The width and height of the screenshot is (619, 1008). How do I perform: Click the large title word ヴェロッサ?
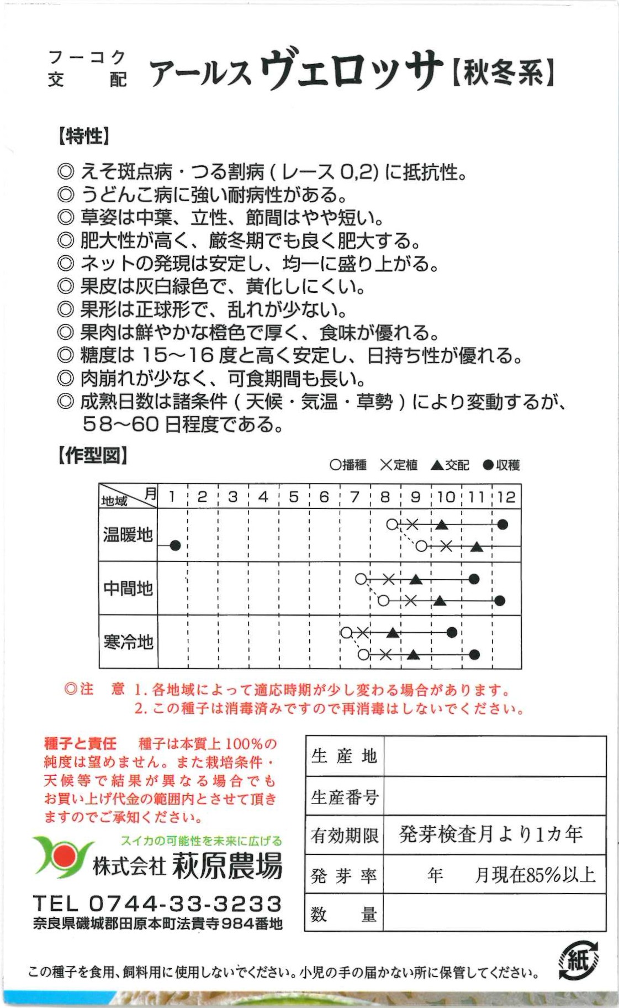coord(351,70)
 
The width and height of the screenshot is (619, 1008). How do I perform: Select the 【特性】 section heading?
coord(84,136)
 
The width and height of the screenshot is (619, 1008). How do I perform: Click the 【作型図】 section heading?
coord(93,456)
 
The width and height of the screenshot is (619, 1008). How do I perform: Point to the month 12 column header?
coord(506,497)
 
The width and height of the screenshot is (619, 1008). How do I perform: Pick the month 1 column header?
coord(172,497)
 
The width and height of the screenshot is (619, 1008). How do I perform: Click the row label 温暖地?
coord(128,535)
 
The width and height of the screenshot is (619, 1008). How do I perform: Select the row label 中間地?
coord(128,589)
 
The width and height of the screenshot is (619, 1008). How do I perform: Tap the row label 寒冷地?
coord(128,642)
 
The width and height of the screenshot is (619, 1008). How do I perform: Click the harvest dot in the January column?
coord(175,545)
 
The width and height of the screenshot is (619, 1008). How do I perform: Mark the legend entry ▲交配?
coord(449,465)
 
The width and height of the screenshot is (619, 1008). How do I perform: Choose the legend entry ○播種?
coord(348,465)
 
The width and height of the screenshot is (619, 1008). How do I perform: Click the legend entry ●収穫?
coord(501,465)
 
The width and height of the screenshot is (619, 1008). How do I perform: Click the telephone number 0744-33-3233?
coord(186,904)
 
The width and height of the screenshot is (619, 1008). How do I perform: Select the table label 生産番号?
coord(345,797)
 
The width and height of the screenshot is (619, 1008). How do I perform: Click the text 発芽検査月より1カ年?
coord(490,834)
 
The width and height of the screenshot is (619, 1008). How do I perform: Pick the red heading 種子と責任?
coord(80,743)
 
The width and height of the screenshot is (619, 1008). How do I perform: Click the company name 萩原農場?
coord(227,866)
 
